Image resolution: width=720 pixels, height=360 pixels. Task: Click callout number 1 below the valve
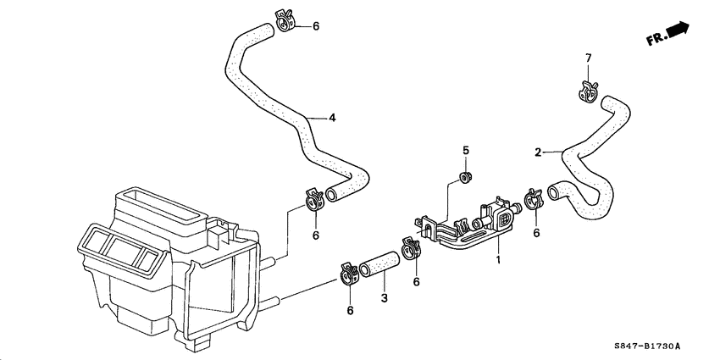click(499, 260)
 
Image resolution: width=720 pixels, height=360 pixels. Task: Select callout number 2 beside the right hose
click(537, 152)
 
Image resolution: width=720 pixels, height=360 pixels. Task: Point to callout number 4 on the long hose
click(332, 118)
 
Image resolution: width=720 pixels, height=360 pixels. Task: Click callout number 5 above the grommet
click(465, 151)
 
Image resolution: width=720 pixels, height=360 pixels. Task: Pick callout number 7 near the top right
click(588, 58)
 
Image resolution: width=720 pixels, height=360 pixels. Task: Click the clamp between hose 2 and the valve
click(533, 201)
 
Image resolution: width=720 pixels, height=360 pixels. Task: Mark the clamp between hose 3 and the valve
click(412, 250)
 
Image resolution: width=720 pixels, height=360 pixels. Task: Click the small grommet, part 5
click(464, 177)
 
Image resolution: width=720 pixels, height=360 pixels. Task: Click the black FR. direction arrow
click(678, 31)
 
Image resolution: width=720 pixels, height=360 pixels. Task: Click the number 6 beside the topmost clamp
click(316, 26)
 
